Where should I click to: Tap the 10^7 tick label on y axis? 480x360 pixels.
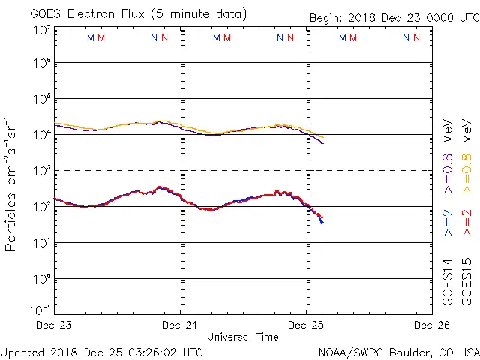[x=41, y=31]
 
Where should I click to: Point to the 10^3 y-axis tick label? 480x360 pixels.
[x=41, y=171]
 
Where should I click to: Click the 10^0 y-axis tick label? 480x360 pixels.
[x=41, y=278]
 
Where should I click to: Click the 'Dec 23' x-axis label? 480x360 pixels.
[x=55, y=325]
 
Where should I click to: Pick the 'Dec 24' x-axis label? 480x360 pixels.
[x=180, y=325]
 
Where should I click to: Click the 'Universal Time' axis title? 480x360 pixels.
[x=242, y=337]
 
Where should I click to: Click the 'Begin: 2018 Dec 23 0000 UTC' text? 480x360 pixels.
[x=394, y=18]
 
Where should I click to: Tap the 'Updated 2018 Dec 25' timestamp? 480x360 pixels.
[x=101, y=351]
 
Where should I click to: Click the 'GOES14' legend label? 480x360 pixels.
[x=448, y=284]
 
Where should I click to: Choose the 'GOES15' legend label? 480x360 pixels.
[x=467, y=284]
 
